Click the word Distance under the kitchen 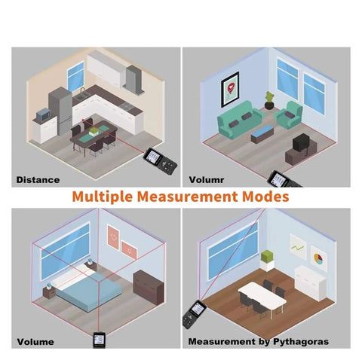38,180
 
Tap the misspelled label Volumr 207,180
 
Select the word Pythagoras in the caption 301,342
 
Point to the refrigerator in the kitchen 60,111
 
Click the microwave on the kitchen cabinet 43,114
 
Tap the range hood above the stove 134,79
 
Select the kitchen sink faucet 82,90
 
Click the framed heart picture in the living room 230,90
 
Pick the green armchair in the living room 289,114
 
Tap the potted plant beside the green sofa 269,101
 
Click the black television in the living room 301,142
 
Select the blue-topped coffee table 262,134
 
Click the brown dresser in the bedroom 149,287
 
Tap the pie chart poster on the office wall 318,258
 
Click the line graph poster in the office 298,247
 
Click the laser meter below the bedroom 100,340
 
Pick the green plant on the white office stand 267,257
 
